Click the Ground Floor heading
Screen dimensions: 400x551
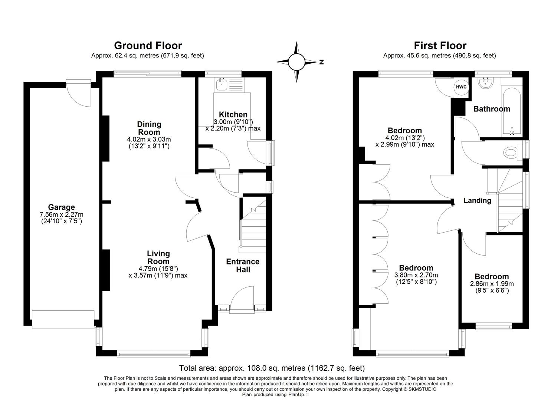(x=148, y=46)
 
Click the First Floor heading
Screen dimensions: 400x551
(x=440, y=46)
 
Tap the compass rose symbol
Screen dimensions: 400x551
(x=296, y=62)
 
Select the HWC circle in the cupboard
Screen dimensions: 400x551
(x=461, y=87)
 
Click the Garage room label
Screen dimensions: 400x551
(x=61, y=207)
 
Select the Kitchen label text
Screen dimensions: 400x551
(x=233, y=114)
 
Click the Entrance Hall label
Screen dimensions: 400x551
(x=243, y=266)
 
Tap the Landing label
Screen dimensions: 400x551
(x=477, y=200)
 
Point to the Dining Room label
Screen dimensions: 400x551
(x=149, y=128)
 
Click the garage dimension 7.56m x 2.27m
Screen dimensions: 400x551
(x=61, y=214)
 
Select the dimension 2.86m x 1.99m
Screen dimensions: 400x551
(x=492, y=284)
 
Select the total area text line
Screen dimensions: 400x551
(x=272, y=368)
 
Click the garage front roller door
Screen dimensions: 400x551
(x=63, y=319)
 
